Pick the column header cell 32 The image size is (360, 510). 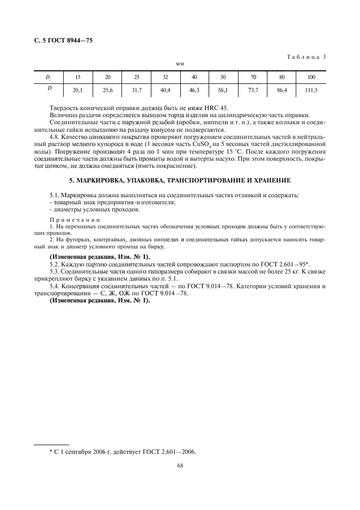(166, 77)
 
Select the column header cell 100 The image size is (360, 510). (311, 77)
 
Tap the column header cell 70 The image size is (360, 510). (253, 77)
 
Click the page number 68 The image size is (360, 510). (180, 466)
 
